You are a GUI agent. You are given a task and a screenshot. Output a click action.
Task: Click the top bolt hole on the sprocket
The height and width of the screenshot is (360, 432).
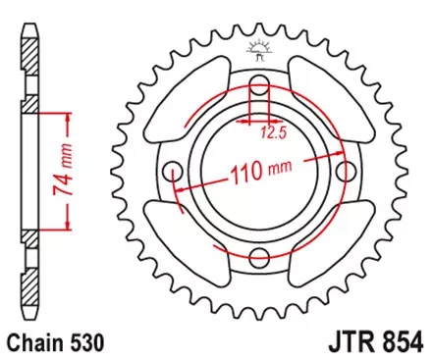tap(259, 84)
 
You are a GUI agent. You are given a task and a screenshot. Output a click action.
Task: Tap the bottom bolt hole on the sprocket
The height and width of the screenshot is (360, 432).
tap(259, 258)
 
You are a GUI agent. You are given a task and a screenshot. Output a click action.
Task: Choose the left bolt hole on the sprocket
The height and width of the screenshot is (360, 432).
tap(173, 172)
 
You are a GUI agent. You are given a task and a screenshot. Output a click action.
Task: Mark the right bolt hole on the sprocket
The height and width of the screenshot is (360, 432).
tap(347, 172)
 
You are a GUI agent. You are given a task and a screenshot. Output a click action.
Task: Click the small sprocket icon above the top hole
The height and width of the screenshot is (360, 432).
tap(260, 47)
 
